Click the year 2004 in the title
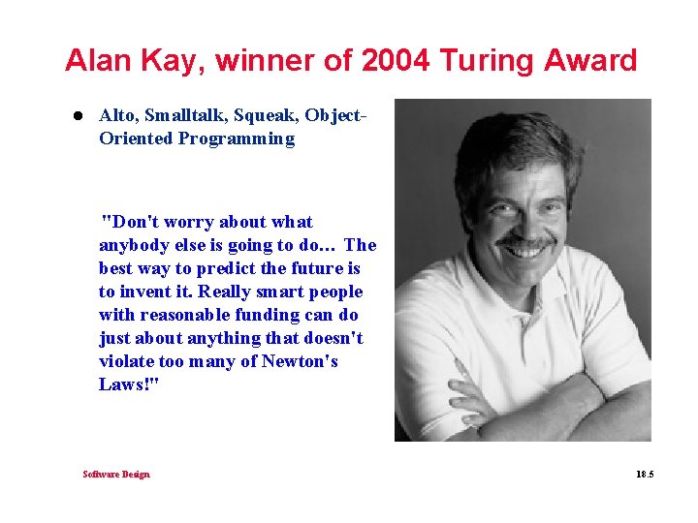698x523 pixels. [396, 60]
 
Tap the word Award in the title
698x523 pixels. [590, 60]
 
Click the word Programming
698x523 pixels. [237, 138]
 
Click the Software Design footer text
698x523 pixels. [116, 474]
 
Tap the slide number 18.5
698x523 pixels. [645, 474]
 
